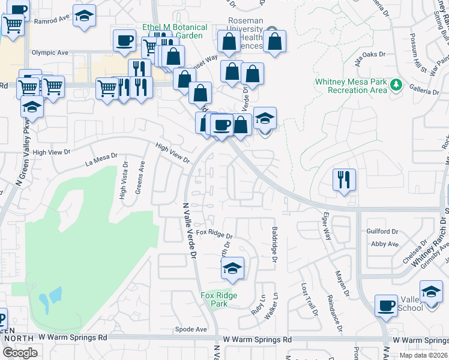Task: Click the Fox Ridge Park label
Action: (218, 299)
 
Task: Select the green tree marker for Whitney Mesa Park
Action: (395, 85)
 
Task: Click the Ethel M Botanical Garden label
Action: (175, 31)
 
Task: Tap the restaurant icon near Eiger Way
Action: (344, 179)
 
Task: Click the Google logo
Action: (20, 353)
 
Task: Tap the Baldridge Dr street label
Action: (274, 244)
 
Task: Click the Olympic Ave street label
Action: (50, 53)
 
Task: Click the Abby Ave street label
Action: (385, 244)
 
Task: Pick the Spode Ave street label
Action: (190, 329)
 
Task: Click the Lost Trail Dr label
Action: (309, 299)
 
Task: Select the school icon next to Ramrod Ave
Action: (85, 17)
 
